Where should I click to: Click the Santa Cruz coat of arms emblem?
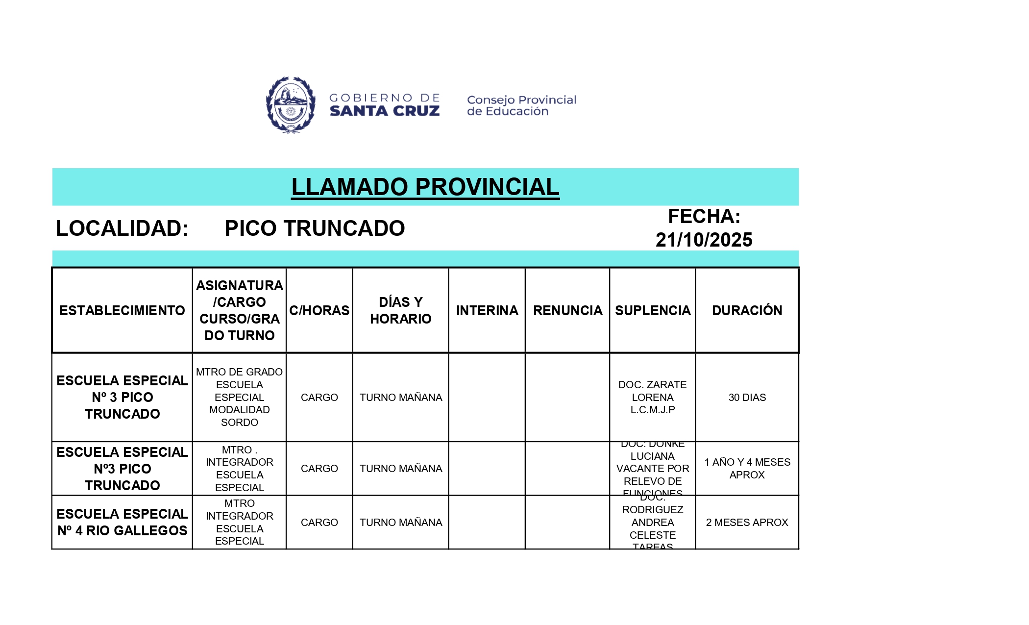(x=290, y=105)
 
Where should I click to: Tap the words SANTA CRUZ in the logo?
(x=385, y=111)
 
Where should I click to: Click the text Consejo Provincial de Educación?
(x=521, y=105)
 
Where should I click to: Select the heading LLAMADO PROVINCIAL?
(x=425, y=187)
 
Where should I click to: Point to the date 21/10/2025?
(x=704, y=240)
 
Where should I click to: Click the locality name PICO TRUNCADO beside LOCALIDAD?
(x=315, y=228)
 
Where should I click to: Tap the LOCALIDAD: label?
(x=122, y=228)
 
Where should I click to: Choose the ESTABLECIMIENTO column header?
(x=122, y=310)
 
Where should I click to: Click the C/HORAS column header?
(x=319, y=310)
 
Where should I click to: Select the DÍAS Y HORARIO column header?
(x=400, y=310)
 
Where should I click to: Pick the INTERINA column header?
(x=487, y=310)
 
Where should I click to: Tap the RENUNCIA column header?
(x=567, y=310)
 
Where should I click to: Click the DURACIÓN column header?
(x=747, y=310)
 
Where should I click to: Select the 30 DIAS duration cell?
(x=747, y=398)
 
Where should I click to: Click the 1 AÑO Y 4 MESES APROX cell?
(x=747, y=469)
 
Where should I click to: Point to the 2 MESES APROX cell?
(x=747, y=523)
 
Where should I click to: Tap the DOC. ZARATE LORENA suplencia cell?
(x=652, y=398)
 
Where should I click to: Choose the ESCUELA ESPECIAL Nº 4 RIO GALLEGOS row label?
(x=122, y=523)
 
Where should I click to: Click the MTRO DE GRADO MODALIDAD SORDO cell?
(x=239, y=398)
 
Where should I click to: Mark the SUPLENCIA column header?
(x=652, y=310)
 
